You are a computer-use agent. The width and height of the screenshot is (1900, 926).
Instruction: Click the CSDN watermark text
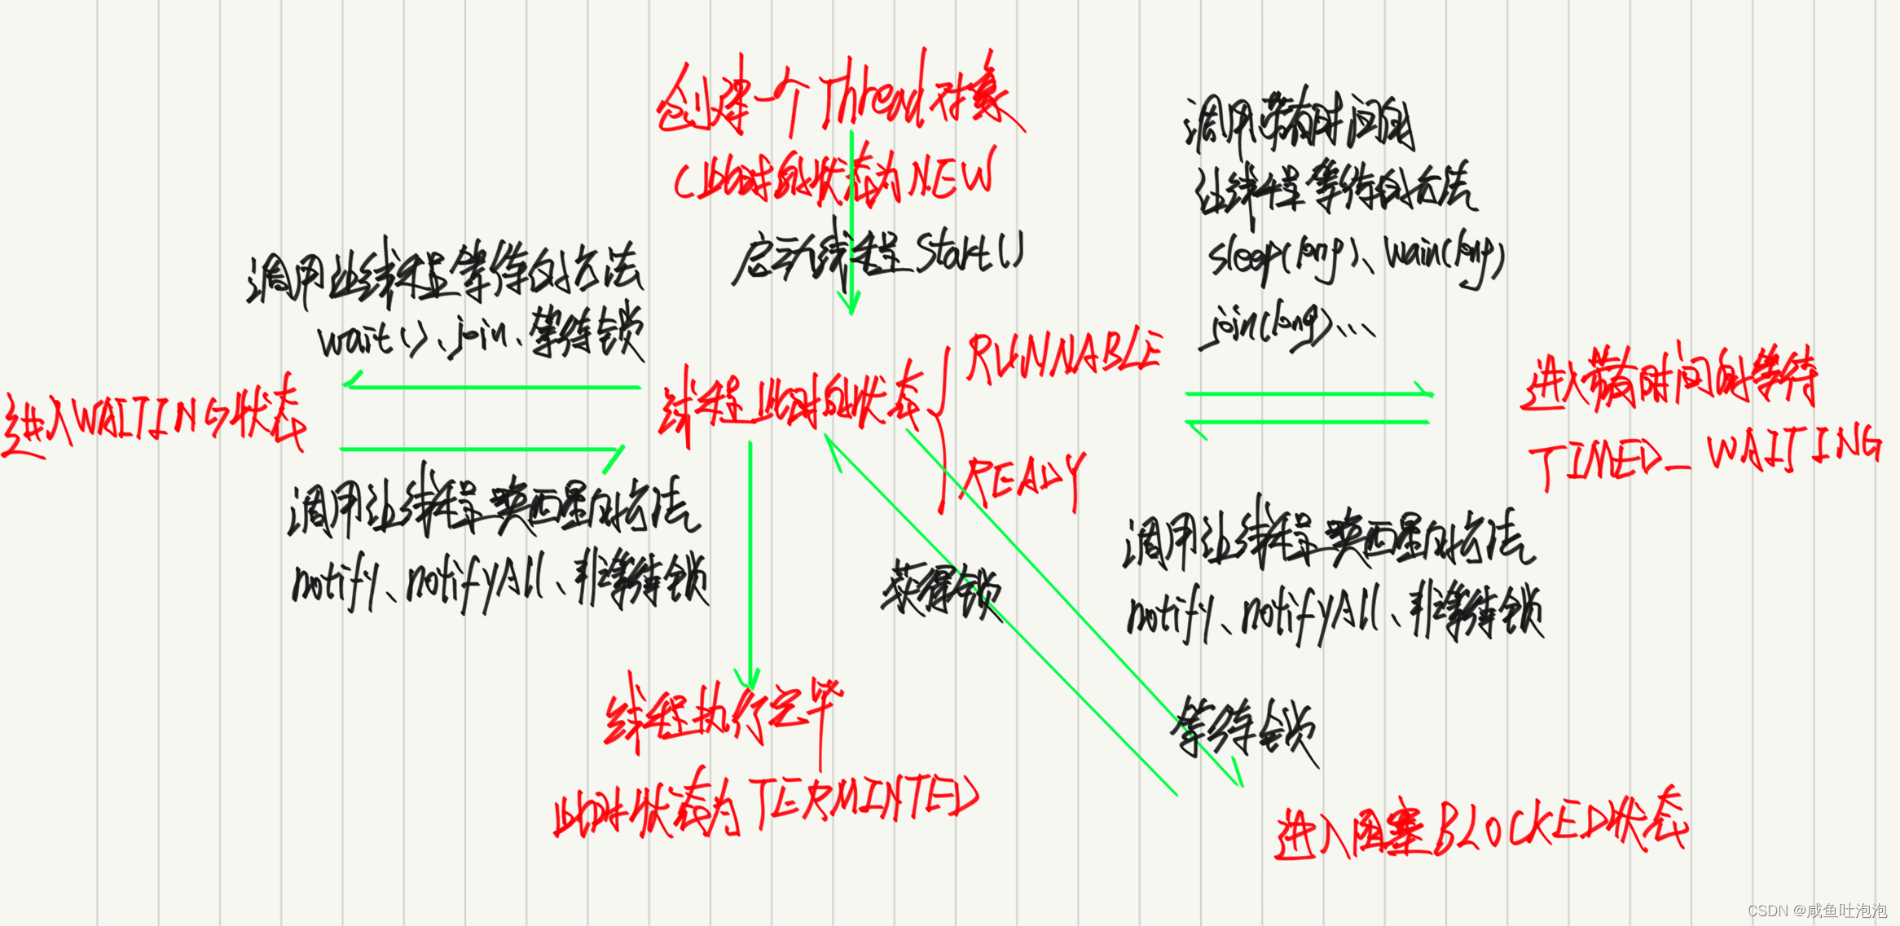click(x=1817, y=910)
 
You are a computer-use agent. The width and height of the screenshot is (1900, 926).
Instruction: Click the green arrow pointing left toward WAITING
click(x=489, y=386)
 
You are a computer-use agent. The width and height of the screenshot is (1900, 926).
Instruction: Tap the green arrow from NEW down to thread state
click(x=851, y=228)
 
